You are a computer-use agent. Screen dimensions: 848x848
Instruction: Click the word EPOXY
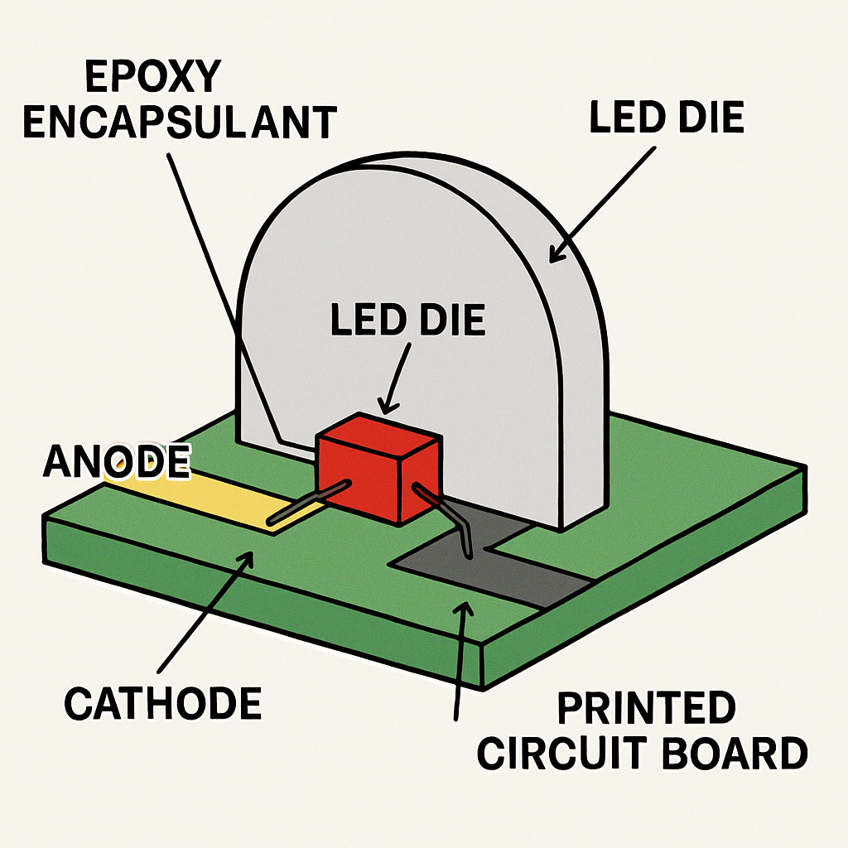tap(153, 76)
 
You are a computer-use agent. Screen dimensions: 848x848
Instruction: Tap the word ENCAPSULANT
tap(180, 123)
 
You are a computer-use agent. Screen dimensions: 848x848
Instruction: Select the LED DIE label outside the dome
tap(667, 117)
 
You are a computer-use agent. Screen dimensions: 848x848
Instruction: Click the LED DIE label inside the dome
tap(407, 320)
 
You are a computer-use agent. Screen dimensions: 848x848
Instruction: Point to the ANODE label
tap(117, 461)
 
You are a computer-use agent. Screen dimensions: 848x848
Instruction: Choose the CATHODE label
tap(163, 703)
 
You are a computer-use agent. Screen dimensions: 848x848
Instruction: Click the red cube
tap(378, 469)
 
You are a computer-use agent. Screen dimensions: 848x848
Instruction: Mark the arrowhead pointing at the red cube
tap(388, 407)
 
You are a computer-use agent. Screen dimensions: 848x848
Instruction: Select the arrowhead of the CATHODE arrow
tap(245, 559)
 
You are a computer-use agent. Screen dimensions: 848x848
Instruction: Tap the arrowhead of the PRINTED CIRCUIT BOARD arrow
tap(463, 609)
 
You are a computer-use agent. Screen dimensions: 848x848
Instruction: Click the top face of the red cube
tap(378, 436)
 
